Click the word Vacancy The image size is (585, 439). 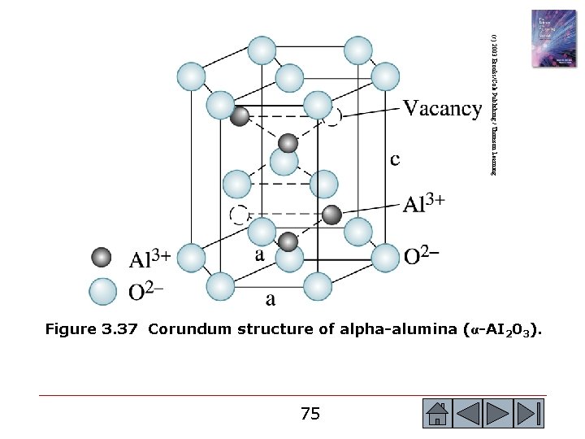pyautogui.click(x=442, y=109)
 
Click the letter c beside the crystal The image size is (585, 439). pyautogui.click(x=395, y=159)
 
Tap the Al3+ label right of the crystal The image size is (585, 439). pyautogui.click(x=423, y=203)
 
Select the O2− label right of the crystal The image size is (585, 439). pyautogui.click(x=422, y=256)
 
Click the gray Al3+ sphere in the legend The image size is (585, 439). pyautogui.click(x=102, y=258)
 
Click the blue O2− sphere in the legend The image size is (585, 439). pyautogui.click(x=102, y=291)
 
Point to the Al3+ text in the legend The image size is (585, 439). pyautogui.click(x=150, y=259)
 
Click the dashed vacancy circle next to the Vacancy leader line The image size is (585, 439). pyautogui.click(x=332, y=116)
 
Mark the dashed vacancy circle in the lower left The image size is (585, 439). pyautogui.click(x=239, y=215)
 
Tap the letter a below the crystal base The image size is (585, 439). pyautogui.click(x=270, y=299)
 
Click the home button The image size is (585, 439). pyautogui.click(x=437, y=413)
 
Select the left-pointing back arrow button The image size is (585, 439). pyautogui.click(x=469, y=413)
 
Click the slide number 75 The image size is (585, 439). pyautogui.click(x=310, y=414)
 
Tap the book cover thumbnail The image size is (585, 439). pyautogui.click(x=554, y=38)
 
